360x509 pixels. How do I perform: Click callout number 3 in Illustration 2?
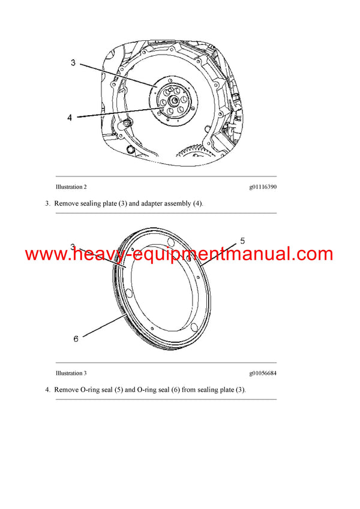click(x=73, y=63)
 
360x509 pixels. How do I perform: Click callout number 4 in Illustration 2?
click(x=70, y=118)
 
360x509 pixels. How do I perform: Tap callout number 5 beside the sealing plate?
click(x=242, y=241)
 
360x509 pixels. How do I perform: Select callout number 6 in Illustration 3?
click(x=76, y=339)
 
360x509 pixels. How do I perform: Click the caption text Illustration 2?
click(x=71, y=187)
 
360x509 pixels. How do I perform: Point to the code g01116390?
click(x=263, y=187)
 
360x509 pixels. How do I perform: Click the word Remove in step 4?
click(x=65, y=390)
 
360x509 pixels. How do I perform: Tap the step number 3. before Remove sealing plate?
click(x=47, y=203)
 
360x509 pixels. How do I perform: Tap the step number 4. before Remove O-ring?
click(x=47, y=390)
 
